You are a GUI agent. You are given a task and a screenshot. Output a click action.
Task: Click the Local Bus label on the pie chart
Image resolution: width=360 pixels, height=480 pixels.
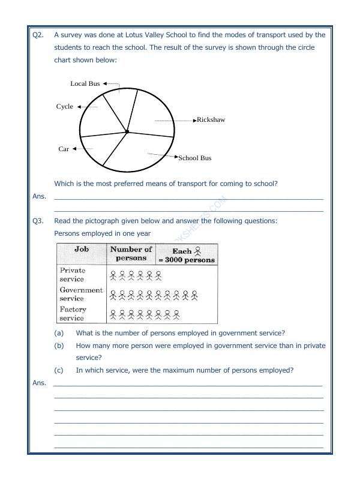click(85, 84)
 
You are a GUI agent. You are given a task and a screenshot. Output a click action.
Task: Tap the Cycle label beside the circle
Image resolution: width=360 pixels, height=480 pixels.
click(65, 107)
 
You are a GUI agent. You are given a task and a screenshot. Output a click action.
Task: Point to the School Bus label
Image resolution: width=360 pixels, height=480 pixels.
click(195, 158)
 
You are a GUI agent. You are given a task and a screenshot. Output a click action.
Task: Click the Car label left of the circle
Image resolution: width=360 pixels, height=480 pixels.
click(64, 149)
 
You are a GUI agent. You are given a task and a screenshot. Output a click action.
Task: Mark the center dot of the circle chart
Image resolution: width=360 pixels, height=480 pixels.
click(127, 131)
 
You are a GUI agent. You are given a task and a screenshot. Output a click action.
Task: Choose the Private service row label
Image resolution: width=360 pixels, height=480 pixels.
click(73, 275)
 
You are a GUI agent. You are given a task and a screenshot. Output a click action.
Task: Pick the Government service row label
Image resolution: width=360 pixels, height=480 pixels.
click(81, 294)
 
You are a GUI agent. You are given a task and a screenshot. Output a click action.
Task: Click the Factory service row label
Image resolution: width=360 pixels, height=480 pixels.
click(73, 314)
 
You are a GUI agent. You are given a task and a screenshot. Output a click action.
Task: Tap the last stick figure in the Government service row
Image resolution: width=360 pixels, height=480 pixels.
click(194, 295)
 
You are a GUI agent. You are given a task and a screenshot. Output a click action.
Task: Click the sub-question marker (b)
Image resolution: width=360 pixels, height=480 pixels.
click(59, 346)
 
